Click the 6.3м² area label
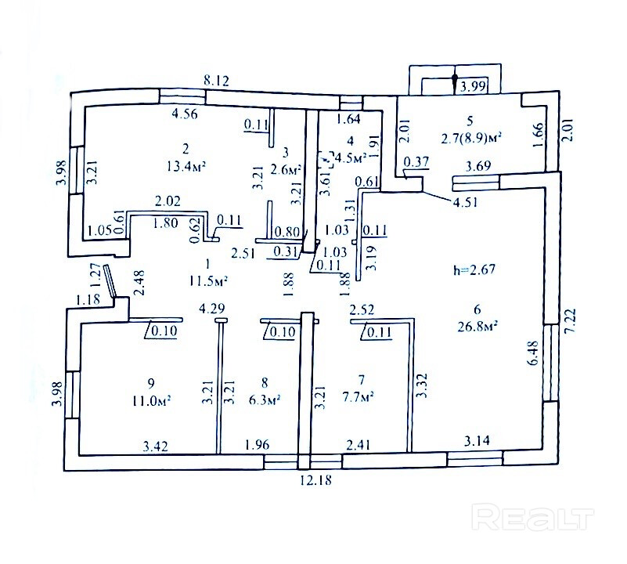265,399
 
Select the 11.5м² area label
208,280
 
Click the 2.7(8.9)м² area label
470,136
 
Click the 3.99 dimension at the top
474,87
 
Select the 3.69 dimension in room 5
478,167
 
